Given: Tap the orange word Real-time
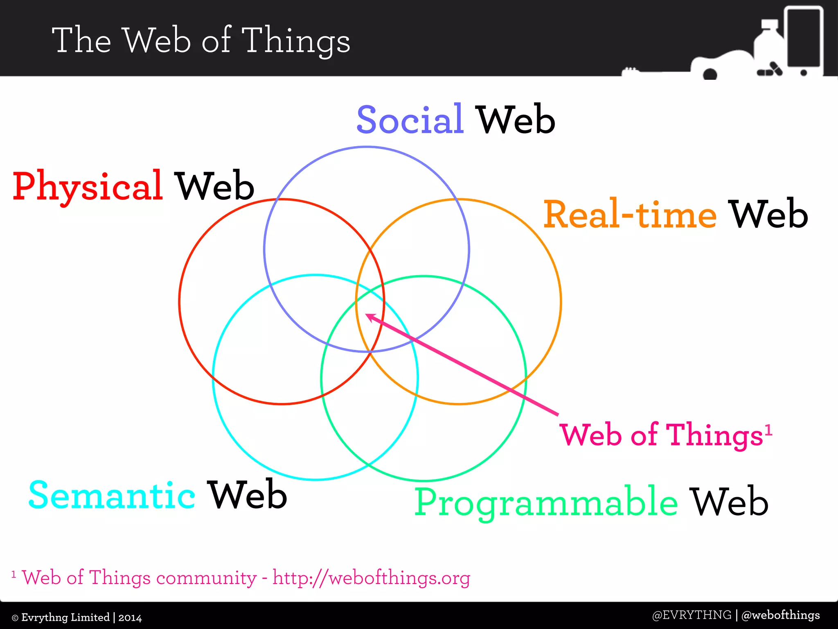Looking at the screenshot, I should coord(630,215).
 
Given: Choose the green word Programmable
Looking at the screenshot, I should coord(546,502).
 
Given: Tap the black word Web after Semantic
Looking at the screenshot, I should coord(247,496).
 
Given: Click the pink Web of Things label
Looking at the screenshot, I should coord(661,435).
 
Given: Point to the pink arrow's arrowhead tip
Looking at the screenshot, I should coord(366,315).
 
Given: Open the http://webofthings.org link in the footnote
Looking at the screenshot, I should coord(371,578).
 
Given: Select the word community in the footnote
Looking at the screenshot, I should coord(206,578).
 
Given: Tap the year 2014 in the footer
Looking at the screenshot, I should coord(130,618).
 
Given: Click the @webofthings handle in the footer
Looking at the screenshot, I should coord(781,615).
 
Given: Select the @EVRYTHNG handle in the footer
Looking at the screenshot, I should coord(692,615).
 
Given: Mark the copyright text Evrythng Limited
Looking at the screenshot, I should coord(65,618).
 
